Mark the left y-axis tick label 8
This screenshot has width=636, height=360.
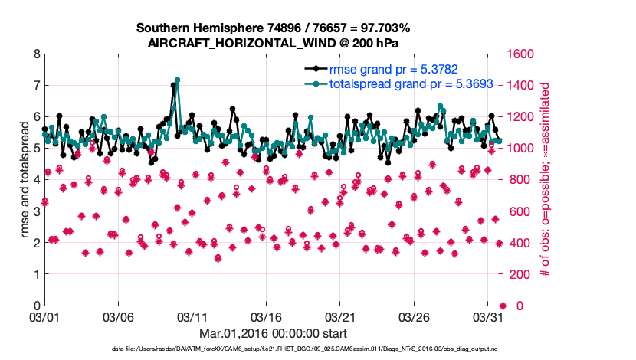[36, 55]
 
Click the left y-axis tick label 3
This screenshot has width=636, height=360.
[36, 211]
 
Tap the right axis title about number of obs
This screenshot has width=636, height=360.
[546, 180]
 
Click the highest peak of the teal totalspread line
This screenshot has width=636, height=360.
[177, 80]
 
